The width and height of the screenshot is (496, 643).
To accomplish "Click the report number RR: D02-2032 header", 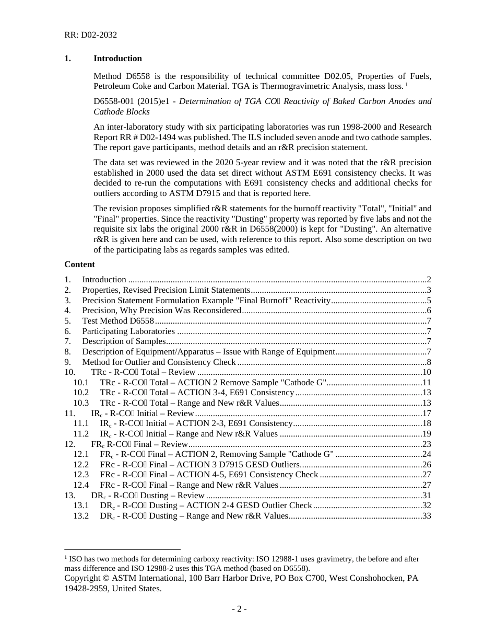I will point(90,35).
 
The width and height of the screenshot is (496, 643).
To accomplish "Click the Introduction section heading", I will point(117,59).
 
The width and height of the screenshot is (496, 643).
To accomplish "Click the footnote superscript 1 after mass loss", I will point(406,84).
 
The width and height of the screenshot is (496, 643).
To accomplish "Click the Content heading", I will point(79,265).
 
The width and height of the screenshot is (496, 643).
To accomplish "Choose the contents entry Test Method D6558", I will point(118,321).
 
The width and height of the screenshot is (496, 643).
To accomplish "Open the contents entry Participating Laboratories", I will point(128,331).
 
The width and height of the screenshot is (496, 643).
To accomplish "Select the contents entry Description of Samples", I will point(124,341).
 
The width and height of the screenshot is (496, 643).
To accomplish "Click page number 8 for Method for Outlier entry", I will point(429,362).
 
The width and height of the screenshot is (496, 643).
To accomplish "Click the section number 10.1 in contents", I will point(81,383).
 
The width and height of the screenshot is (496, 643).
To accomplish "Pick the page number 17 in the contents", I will point(427,414).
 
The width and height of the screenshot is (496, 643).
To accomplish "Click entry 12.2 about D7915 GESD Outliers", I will point(199,465).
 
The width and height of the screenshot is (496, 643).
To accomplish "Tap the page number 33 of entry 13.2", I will point(427,516).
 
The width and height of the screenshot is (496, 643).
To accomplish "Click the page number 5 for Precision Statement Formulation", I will point(429,301).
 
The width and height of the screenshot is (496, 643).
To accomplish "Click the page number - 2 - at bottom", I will point(240,609).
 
